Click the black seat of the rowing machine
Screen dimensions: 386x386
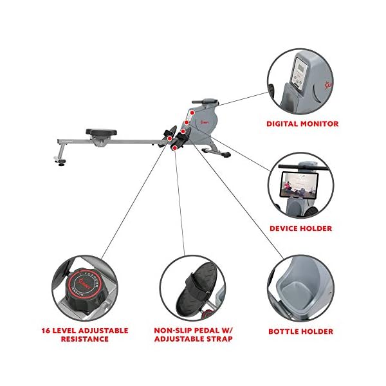[100, 133]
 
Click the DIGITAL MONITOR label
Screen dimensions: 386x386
[302, 124]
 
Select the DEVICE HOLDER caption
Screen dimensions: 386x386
[301, 228]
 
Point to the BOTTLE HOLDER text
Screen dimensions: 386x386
[301, 332]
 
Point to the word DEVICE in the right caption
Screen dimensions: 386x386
[285, 228]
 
